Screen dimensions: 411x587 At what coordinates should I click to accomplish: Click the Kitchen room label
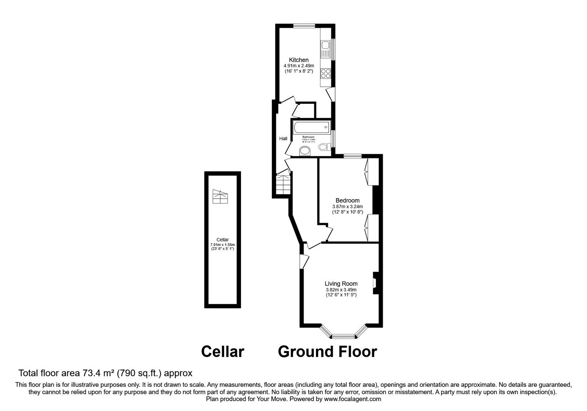tap(299, 60)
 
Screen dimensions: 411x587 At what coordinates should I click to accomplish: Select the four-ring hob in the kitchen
tap(325, 73)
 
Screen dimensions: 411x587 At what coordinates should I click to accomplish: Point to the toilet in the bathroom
tap(323, 147)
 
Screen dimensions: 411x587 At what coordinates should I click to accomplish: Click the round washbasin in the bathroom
tap(305, 150)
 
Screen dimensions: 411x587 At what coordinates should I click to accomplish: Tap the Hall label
tap(283, 139)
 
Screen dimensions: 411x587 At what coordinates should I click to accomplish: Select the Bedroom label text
tap(347, 200)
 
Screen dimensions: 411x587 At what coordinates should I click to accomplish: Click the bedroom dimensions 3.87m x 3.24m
tap(347, 207)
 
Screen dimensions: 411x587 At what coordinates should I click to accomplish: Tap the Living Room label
tap(341, 284)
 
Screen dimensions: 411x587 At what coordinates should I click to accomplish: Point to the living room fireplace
tap(375, 283)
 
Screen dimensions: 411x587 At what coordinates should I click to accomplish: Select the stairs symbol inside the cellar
tap(220, 197)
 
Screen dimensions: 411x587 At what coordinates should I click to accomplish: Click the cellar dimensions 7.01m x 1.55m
tap(222, 245)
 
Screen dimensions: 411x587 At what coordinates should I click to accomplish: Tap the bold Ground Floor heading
tap(327, 352)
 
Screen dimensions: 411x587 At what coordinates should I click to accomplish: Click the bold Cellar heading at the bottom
tap(222, 352)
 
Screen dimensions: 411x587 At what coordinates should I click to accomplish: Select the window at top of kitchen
tap(304, 26)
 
